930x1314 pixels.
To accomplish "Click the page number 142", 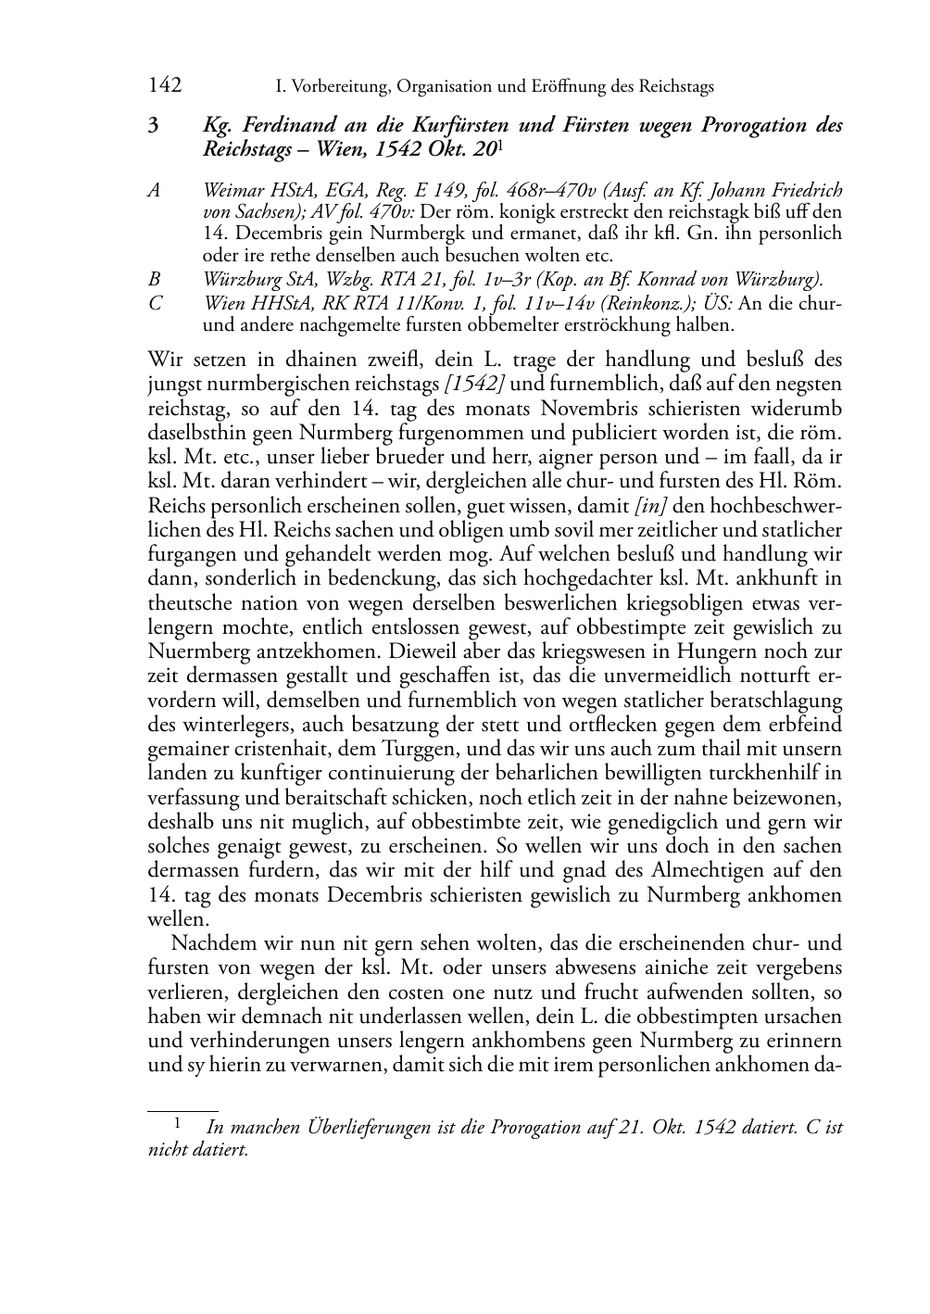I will coord(165,86).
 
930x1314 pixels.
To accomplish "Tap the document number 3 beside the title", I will coord(153,126).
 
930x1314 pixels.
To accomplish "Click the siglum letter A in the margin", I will coord(154,191).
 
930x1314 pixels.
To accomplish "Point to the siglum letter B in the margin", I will coord(154,279).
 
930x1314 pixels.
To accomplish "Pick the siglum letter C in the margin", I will coord(154,303).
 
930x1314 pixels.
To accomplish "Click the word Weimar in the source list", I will coord(233,191).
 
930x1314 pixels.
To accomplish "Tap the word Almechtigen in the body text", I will coord(711,870).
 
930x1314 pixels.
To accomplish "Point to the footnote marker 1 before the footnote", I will coord(176,1123).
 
